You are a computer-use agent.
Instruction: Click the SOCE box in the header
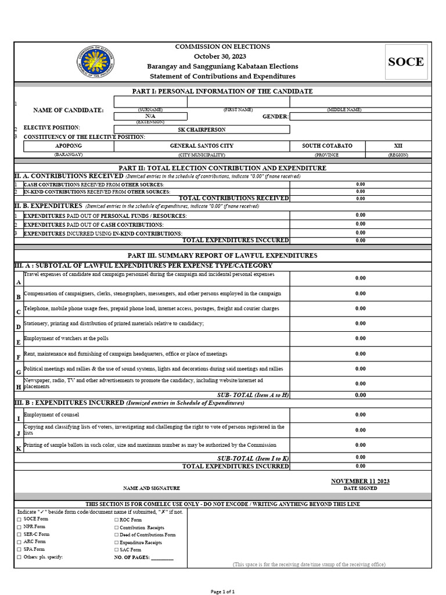[406, 62]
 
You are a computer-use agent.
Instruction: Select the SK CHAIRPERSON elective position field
[202, 130]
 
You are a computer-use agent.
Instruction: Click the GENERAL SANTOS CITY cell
[202, 146]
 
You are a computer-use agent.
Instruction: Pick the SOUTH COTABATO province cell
[327, 146]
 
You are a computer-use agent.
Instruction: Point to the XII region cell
[398, 146]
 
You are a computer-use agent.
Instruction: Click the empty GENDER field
[360, 116]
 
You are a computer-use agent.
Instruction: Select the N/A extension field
[150, 116]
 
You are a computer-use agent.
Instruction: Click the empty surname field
[150, 102]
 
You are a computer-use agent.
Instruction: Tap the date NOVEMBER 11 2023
[360, 481]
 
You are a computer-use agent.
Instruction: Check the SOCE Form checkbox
[19, 519]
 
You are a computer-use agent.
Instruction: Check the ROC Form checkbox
[117, 519]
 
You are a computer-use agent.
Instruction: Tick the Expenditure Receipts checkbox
[117, 542]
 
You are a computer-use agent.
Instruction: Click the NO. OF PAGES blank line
[162, 557]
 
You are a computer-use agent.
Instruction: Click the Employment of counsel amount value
[360, 415]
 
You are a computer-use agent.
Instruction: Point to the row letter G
[19, 372]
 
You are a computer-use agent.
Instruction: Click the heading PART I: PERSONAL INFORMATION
[222, 91]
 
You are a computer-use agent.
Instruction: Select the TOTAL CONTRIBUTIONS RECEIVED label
[233, 198]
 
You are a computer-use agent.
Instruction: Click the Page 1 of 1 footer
[222, 592]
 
